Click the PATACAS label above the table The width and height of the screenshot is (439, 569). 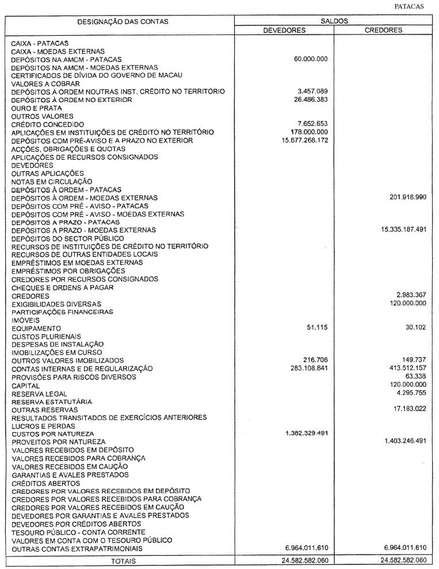coord(409,6)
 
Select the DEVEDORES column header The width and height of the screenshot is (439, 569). coord(284,30)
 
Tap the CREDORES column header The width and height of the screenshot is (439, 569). coord(383,30)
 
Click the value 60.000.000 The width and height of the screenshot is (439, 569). coord(311,59)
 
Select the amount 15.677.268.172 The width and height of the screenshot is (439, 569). coord(305,140)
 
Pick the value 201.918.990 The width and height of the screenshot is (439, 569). coord(408,198)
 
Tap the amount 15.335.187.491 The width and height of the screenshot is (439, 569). coord(403,230)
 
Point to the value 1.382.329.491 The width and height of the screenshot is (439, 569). coord(307,433)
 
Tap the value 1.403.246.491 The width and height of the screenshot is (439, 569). coord(405,441)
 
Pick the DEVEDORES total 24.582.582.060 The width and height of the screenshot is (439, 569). coord(305,560)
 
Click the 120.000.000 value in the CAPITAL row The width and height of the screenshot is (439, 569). coord(408,385)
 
